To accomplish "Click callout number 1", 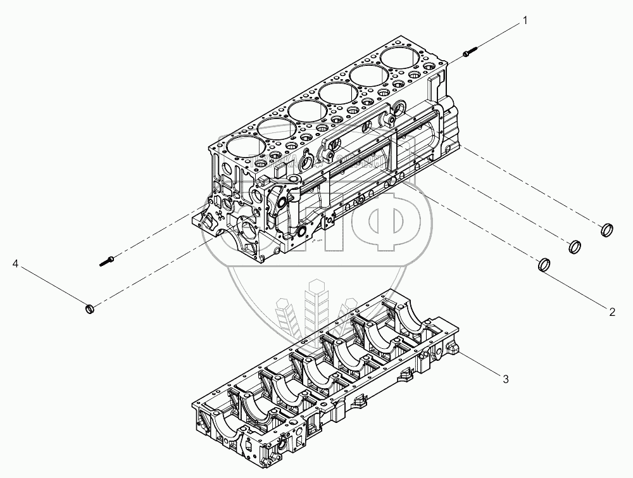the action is [x=525, y=22].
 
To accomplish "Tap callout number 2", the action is [x=612, y=311].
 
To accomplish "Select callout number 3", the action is [x=505, y=379].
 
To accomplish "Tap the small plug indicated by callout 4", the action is [x=90, y=309].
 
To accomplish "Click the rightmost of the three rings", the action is [x=606, y=229].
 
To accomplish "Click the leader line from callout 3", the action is [x=481, y=365].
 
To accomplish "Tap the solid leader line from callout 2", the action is [x=576, y=287].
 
